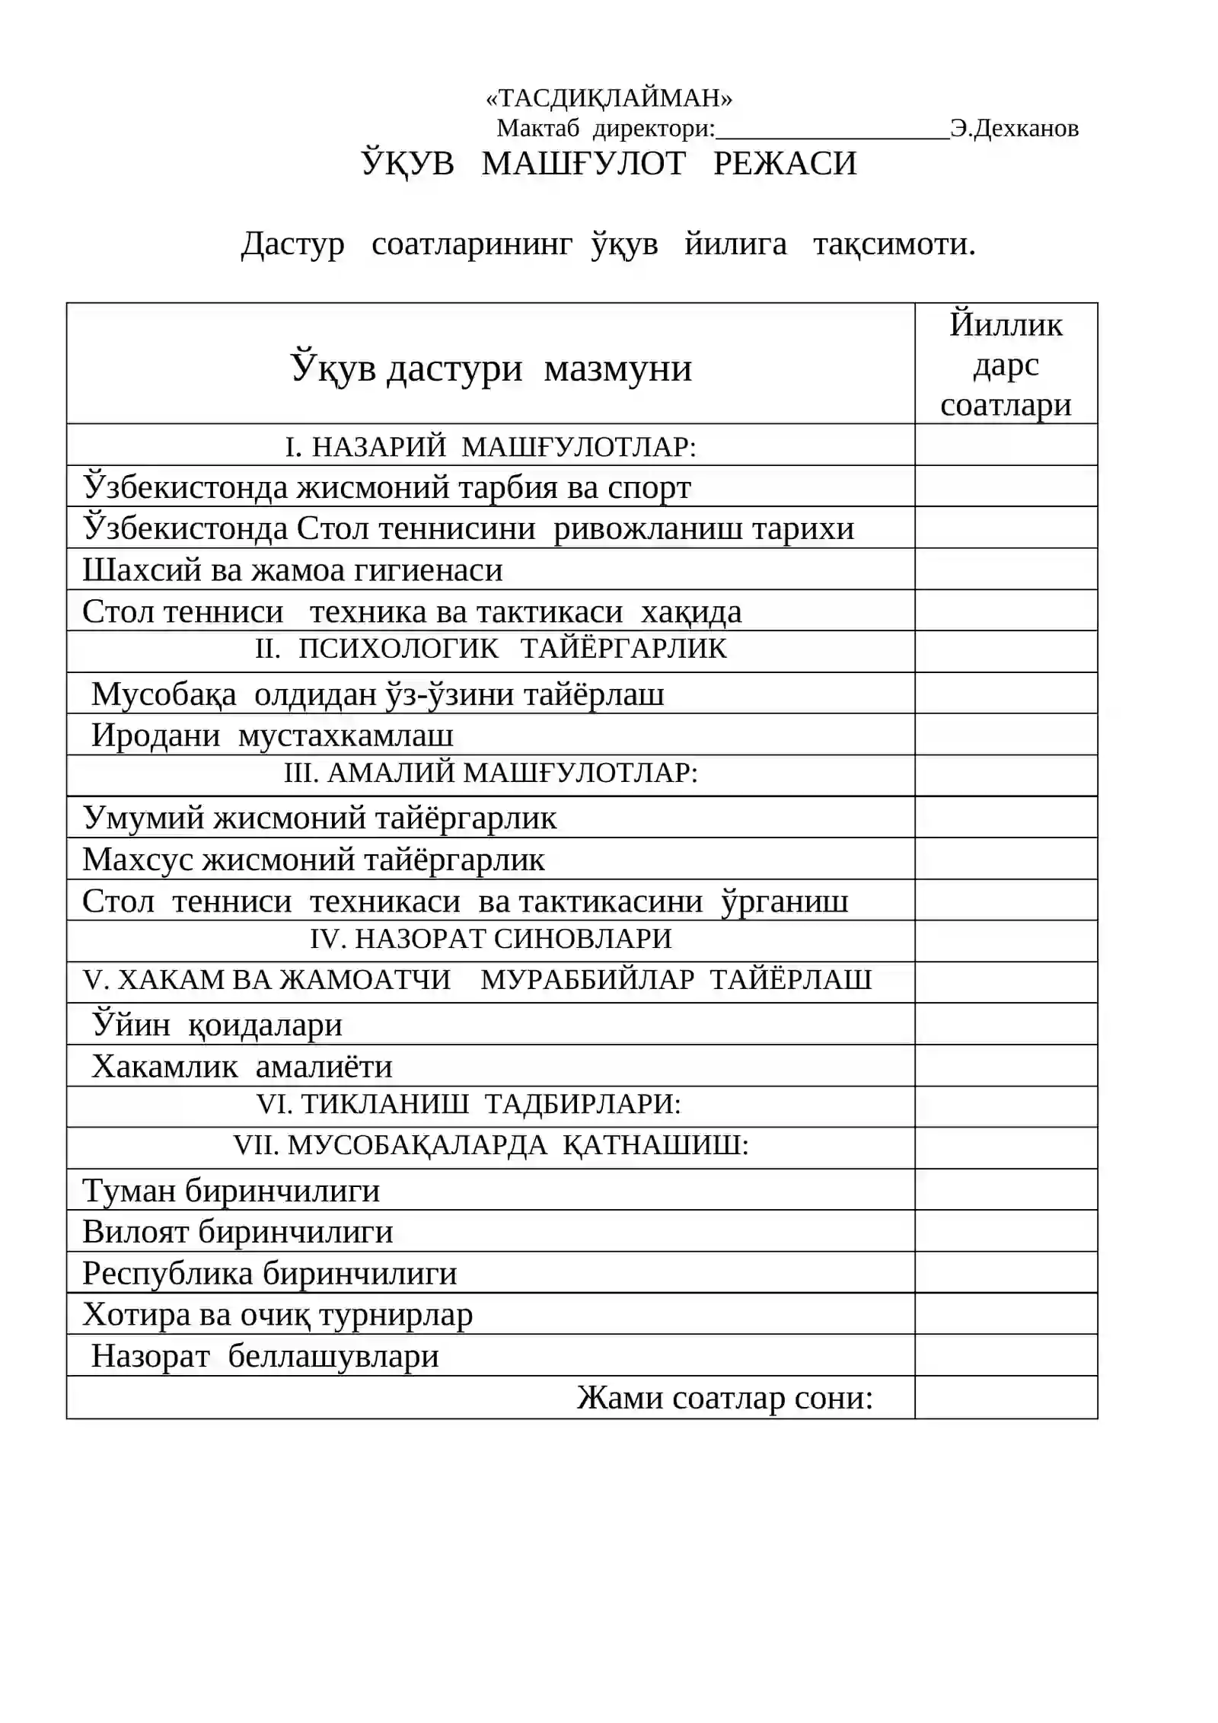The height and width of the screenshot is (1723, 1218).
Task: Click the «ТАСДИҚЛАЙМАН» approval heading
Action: [608, 97]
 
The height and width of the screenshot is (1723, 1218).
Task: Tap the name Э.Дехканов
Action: [1014, 128]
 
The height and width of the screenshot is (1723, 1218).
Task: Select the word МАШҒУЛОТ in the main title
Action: [583, 164]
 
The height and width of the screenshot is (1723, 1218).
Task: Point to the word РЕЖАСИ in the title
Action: [785, 164]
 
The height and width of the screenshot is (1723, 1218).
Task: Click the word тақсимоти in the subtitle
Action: [894, 244]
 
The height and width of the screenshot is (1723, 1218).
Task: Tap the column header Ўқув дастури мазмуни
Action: [491, 369]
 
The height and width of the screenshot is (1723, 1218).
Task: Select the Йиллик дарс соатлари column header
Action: [1006, 365]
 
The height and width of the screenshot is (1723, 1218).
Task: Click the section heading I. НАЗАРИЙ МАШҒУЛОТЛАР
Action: [491, 446]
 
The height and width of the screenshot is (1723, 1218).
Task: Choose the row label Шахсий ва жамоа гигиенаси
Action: [293, 570]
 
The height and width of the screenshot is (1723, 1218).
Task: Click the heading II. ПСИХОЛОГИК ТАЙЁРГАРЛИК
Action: [491, 649]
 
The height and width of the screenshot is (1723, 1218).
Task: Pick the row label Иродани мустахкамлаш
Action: [273, 735]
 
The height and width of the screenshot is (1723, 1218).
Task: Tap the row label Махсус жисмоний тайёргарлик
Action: [314, 860]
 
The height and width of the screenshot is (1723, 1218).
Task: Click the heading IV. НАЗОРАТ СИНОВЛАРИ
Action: [491, 939]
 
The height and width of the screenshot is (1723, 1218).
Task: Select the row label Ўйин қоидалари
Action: [218, 1025]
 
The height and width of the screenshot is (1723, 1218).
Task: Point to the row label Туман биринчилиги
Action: [231, 1191]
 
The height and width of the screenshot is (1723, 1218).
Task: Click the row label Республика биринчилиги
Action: [270, 1274]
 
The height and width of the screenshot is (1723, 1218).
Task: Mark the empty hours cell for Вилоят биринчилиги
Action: [1006, 1231]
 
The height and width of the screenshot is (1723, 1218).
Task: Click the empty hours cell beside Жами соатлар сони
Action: [1006, 1397]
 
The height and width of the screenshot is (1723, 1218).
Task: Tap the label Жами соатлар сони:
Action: [724, 1398]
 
